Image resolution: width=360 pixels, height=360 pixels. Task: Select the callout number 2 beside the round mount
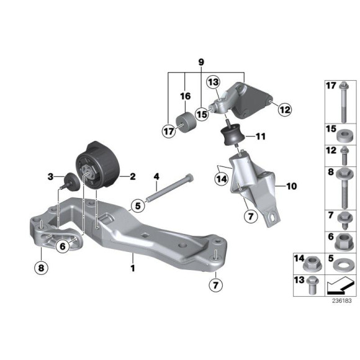pos(132,176)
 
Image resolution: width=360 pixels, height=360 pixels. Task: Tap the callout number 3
pos(51,178)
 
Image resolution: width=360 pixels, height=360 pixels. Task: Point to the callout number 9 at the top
pos(200,62)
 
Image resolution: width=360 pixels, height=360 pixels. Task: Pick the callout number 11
pos(261,136)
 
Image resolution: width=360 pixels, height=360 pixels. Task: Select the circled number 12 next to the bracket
pos(284,110)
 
